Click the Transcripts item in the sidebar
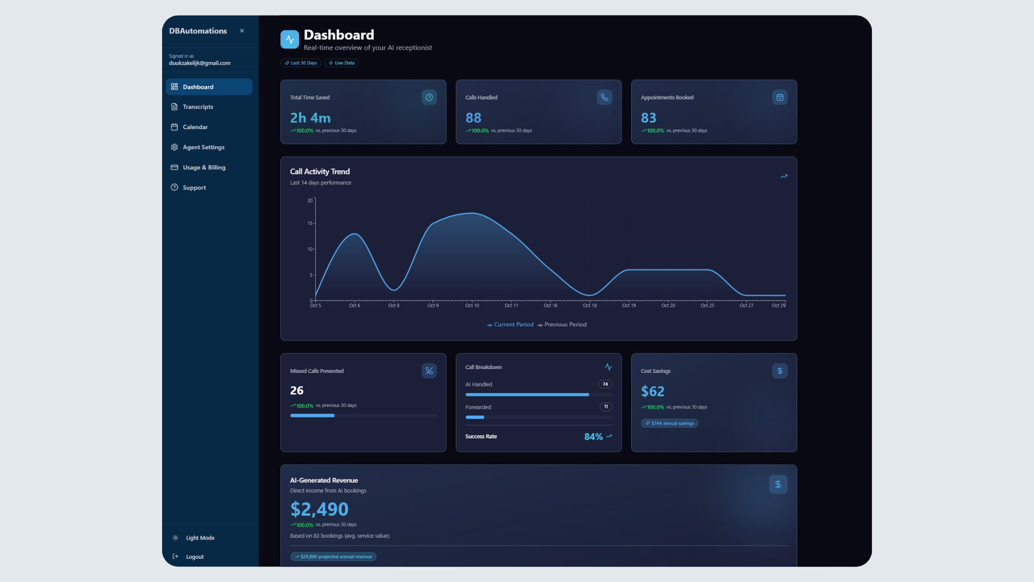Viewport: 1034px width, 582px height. coord(197,107)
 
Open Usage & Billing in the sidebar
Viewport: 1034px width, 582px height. coord(204,168)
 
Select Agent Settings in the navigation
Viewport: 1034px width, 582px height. coord(203,147)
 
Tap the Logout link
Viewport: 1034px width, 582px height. coord(194,557)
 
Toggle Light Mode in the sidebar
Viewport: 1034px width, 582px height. coord(200,538)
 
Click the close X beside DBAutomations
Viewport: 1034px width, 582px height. coord(242,31)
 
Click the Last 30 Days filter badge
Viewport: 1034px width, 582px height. coord(301,63)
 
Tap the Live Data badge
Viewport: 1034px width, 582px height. coord(341,63)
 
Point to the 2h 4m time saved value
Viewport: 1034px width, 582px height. coord(310,117)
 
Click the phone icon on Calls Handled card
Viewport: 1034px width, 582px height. coord(604,98)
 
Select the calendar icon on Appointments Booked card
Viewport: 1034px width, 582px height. coord(779,98)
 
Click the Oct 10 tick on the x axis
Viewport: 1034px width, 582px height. coord(472,305)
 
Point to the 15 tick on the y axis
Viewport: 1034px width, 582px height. coord(310,223)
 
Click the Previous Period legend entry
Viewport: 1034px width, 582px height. coord(562,324)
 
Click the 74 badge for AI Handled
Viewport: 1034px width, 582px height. coord(605,384)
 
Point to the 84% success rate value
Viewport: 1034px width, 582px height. coord(593,436)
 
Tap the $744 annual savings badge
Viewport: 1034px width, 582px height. coord(669,424)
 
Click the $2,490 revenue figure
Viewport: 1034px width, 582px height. coord(319,509)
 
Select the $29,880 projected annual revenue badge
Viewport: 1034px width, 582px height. coord(333,557)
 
